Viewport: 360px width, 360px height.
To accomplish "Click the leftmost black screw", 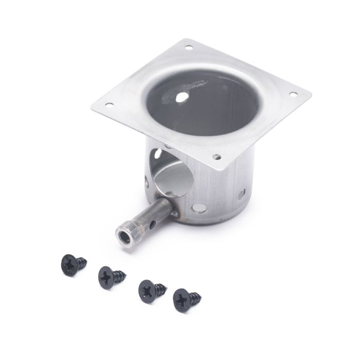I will coord(73,264).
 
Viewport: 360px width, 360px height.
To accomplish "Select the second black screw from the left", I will coord(110,277).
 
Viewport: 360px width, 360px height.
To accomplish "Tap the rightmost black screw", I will coord(186,298).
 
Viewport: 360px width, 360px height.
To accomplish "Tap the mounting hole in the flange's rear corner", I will coord(188,48).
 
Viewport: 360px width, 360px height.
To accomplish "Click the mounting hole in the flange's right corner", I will coord(294,95).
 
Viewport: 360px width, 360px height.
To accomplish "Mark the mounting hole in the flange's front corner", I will coord(217,156).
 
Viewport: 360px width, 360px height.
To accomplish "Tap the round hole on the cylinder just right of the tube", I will coord(197,208).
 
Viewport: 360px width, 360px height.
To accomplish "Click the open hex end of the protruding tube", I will coord(123,236).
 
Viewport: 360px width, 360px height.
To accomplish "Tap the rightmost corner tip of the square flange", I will coord(311,95).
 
